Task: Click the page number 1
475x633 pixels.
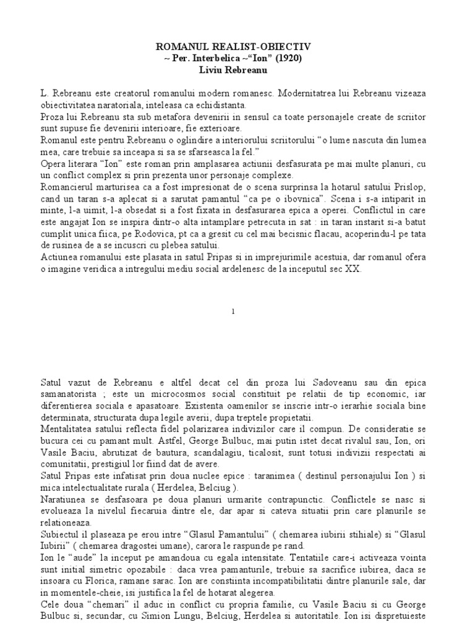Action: [233, 312]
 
